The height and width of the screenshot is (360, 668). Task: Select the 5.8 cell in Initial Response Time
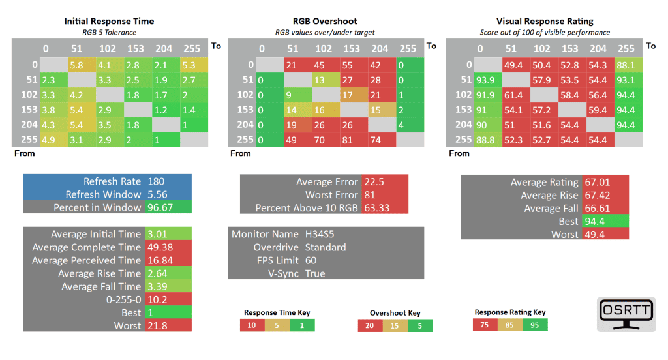[76, 65]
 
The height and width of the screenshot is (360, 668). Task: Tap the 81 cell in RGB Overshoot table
[351, 139]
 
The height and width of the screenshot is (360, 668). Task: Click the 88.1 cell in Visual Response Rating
[625, 65]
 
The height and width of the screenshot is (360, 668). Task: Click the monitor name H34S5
[320, 234]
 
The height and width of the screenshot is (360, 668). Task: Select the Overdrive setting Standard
[325, 247]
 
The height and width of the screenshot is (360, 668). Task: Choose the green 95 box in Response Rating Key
[535, 325]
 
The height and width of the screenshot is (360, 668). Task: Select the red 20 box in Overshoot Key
[370, 325]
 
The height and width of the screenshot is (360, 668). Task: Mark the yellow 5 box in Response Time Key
[277, 325]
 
